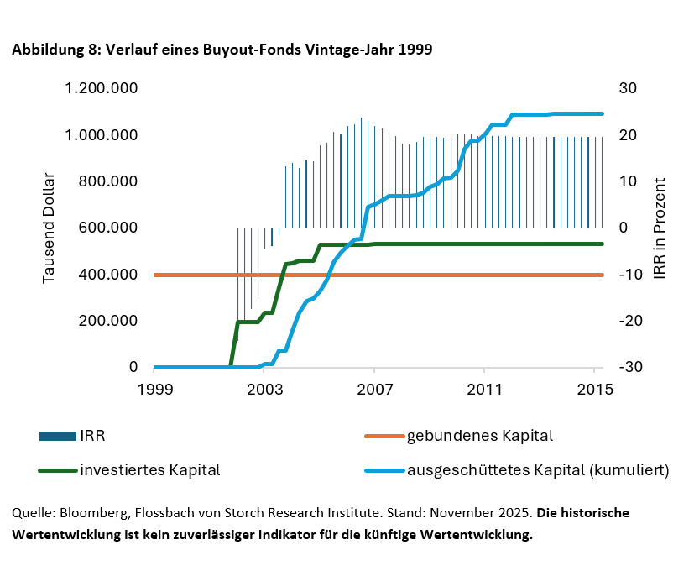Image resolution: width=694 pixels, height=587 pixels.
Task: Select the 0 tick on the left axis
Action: tap(133, 368)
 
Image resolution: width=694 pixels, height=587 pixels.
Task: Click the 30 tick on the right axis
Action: tap(629, 88)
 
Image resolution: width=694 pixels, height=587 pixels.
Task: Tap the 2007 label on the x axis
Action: tap(374, 390)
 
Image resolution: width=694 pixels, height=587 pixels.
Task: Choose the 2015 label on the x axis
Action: tap(594, 390)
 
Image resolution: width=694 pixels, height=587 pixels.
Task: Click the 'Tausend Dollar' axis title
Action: tap(49, 228)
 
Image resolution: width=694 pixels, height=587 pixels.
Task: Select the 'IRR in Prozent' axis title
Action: tap(660, 228)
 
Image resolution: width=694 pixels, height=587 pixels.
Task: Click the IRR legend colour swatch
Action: tap(58, 436)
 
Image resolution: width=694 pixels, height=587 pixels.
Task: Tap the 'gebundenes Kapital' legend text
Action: tap(480, 436)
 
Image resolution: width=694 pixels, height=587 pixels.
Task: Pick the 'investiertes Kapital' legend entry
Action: tap(149, 470)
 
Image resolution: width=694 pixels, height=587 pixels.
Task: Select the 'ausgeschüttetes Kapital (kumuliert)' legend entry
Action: tap(537, 470)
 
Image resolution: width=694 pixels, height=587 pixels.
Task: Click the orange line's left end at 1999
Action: tap(155, 275)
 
